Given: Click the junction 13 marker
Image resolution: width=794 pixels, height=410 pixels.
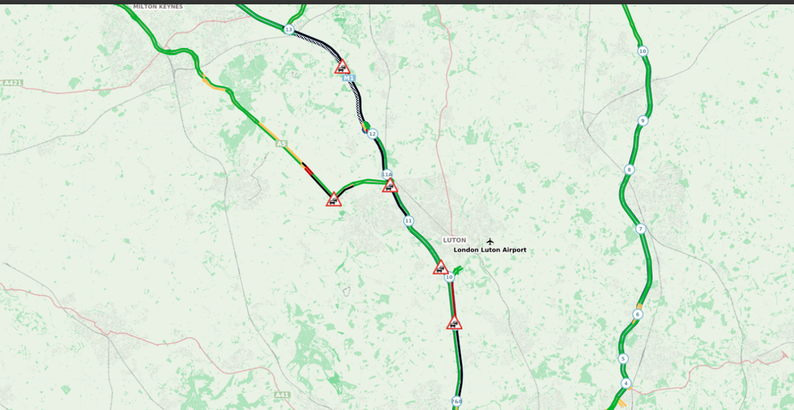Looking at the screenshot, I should point(288,29).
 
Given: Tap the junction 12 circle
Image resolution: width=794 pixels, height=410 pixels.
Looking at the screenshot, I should point(372,134).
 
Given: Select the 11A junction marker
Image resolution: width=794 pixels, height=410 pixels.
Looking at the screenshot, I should point(387,174).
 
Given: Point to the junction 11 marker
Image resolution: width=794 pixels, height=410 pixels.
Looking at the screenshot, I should point(408,220).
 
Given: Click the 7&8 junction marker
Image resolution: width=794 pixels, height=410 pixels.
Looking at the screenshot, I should point(457,401).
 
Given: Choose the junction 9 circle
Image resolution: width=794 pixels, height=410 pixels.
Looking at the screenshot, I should point(642,121).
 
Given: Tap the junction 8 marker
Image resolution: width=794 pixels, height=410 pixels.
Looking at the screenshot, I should point(629,169).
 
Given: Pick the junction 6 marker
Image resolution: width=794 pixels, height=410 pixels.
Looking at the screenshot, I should point(638,314).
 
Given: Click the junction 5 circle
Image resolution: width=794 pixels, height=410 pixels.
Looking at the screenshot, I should point(623,358).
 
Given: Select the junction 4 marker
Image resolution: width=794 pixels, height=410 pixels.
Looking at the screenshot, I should point(625,382).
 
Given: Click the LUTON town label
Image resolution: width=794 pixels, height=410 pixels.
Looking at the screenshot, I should point(455,240).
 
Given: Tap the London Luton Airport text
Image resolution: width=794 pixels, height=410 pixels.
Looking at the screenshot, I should point(489,250).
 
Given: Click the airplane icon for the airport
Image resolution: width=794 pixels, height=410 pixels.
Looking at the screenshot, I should point(489,241).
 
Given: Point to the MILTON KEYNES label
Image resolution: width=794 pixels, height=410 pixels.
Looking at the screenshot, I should point(158,6).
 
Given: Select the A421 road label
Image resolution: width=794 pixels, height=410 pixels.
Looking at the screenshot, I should point(12,83).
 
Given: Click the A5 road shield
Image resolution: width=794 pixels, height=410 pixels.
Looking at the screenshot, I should point(281,143).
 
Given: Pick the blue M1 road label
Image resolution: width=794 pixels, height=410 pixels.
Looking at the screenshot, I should point(349,78).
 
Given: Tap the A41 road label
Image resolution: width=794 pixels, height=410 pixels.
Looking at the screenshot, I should point(282,395).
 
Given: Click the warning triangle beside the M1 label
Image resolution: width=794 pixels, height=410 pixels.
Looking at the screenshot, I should point(342,67).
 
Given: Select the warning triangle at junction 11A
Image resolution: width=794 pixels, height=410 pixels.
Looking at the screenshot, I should point(390,186).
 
